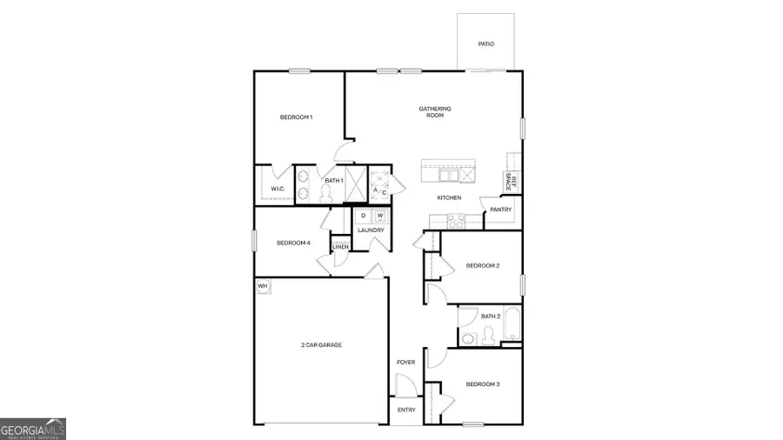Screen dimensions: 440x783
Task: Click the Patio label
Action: coord(486,43)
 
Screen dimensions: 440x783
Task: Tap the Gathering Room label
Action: coord(435,111)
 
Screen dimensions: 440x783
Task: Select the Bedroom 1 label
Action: coord(296,117)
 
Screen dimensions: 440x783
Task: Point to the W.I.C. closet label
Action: coord(278,189)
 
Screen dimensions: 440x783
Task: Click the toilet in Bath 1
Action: coord(326,194)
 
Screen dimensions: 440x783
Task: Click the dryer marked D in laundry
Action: coord(364,216)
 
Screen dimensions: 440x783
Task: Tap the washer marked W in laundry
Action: coord(380,216)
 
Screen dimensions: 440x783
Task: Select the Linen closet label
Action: coord(340,247)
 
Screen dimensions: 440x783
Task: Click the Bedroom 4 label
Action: coord(293,243)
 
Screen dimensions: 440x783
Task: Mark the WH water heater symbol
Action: coord(262,285)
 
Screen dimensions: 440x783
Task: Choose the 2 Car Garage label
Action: coord(321,345)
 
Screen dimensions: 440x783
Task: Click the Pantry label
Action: coord(500,210)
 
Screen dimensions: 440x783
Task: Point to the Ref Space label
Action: coord(513,182)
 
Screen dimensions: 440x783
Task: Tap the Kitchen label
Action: coord(449,198)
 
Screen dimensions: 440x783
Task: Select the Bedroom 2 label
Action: coord(482,265)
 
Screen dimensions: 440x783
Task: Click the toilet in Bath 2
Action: coord(468,338)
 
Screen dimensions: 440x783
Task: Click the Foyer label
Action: coord(406,362)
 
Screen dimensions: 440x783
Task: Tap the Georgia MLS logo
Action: coord(33,429)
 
